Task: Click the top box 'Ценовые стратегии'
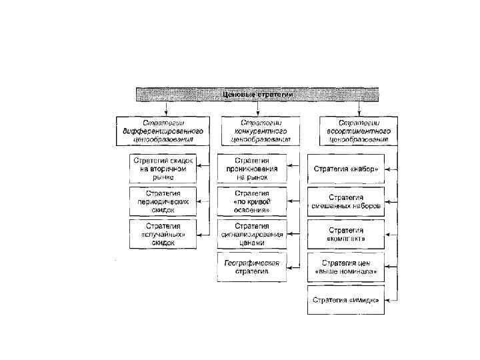click(257, 94)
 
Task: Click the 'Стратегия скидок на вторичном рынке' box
click(163, 169)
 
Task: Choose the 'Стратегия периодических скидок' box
click(163, 201)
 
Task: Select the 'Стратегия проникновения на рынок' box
click(251, 169)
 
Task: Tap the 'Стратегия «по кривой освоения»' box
click(251, 201)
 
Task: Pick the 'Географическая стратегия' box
click(251, 267)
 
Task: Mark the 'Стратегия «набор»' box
click(345, 169)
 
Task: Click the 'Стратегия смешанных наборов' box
click(345, 201)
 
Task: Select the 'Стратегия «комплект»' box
click(345, 235)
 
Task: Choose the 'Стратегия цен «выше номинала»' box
click(345, 267)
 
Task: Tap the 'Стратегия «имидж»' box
click(345, 300)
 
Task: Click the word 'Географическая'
click(251, 263)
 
